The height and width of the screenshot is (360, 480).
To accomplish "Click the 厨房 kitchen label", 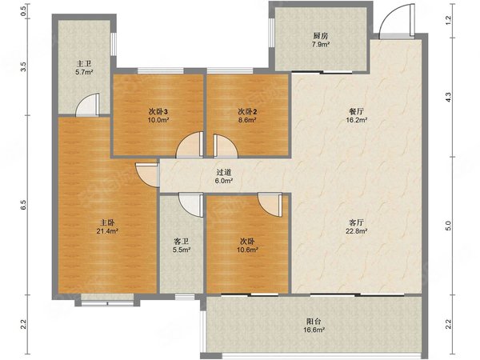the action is (321, 36).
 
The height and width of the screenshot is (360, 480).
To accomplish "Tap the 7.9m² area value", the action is (321, 44).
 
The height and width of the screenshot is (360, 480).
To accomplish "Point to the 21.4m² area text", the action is (107, 231).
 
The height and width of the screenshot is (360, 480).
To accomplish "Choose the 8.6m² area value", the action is (247, 120).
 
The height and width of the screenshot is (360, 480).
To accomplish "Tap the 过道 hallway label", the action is (224, 173).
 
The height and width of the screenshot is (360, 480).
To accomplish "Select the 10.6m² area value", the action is (247, 250).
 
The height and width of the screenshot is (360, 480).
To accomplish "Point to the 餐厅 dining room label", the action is (356, 111).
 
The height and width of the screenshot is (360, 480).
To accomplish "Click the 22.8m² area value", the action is (356, 231).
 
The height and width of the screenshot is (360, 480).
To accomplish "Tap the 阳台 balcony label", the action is (314, 322).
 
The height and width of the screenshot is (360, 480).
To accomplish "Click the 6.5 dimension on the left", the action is (24, 205).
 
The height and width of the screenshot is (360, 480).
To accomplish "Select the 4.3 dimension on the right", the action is (448, 98).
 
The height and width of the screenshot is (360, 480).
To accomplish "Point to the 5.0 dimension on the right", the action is (448, 226).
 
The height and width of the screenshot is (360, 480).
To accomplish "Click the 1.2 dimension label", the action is (448, 20).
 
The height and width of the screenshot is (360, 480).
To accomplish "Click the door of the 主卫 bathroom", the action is (88, 105).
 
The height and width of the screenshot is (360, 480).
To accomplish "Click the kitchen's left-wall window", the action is (271, 33).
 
